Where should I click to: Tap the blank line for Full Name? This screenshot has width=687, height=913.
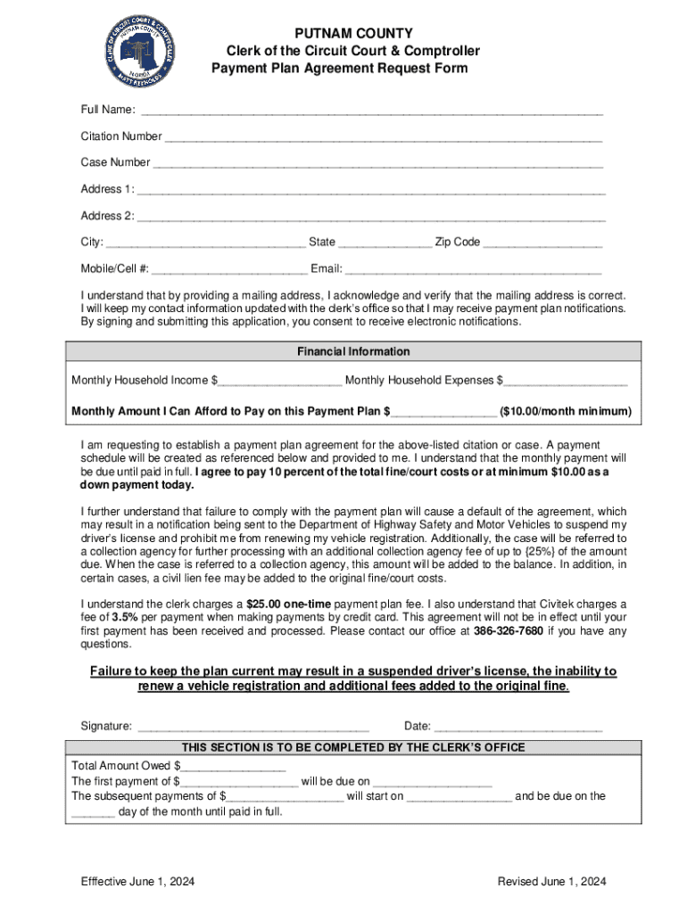(x=371, y=111)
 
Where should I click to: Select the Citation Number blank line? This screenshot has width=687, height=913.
(x=384, y=138)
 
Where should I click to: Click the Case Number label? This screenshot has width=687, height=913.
(x=115, y=163)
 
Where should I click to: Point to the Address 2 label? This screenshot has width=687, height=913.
(x=107, y=216)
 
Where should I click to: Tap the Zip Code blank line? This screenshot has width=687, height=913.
(x=542, y=243)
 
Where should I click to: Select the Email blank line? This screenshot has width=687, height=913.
(x=473, y=270)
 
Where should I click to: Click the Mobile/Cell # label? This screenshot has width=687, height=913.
(x=115, y=268)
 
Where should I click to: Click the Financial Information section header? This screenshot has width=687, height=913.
(x=353, y=351)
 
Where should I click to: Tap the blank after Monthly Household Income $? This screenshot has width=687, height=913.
(x=279, y=382)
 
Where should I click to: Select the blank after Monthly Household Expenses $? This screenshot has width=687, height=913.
(x=565, y=382)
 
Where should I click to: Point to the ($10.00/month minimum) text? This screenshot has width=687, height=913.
(x=566, y=412)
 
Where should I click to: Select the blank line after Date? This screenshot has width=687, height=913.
(x=518, y=728)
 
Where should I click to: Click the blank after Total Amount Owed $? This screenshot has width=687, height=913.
(x=233, y=767)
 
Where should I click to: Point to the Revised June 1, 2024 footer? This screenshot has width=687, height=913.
(x=552, y=882)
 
